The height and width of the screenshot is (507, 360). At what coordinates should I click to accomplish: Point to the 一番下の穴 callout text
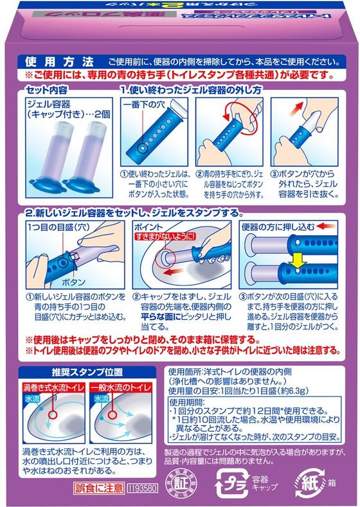(145, 104)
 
